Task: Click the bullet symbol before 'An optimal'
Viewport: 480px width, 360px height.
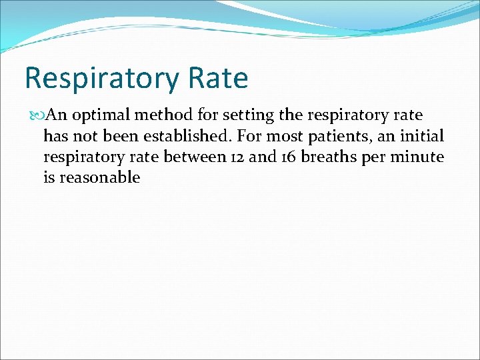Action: [x=37, y=116]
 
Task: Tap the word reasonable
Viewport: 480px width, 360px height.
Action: [x=100, y=177]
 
